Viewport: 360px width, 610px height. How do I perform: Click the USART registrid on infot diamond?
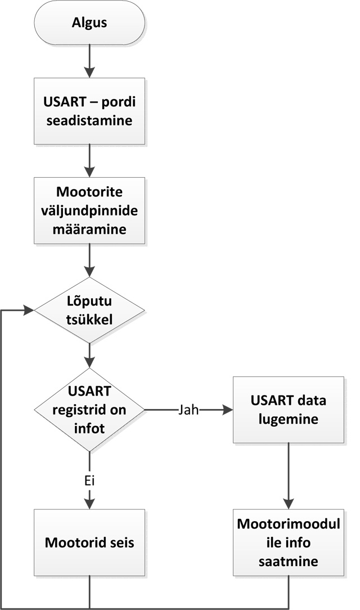coord(89,410)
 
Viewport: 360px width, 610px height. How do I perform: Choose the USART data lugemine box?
coord(289,410)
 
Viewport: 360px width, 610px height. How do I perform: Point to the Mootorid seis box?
coord(89,544)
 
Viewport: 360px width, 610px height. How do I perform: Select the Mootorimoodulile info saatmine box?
coord(289,544)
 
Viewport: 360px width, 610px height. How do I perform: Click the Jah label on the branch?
coord(189,410)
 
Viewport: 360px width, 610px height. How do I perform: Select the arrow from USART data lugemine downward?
coord(289,476)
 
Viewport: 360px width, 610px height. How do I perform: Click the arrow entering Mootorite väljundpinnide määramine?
coord(89,162)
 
